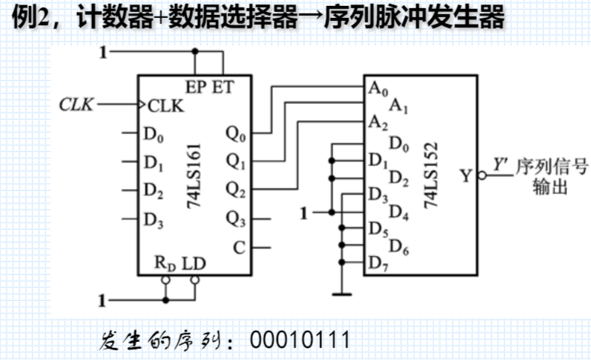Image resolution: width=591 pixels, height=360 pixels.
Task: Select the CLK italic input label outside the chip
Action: pos(77,105)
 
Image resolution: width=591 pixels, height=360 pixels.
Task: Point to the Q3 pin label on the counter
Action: pos(235,218)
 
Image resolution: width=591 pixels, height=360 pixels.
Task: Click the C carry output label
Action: pos(239,247)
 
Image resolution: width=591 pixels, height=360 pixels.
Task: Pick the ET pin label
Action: pos(222,87)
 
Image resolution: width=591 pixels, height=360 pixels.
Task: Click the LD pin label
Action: pos(194,263)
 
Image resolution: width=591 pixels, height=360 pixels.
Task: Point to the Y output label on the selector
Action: pos(467,176)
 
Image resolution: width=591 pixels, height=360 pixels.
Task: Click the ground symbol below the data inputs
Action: pos(343,293)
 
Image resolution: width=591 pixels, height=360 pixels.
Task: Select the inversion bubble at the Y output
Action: pos(483,176)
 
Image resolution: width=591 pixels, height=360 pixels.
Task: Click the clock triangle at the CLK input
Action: pos(143,105)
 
